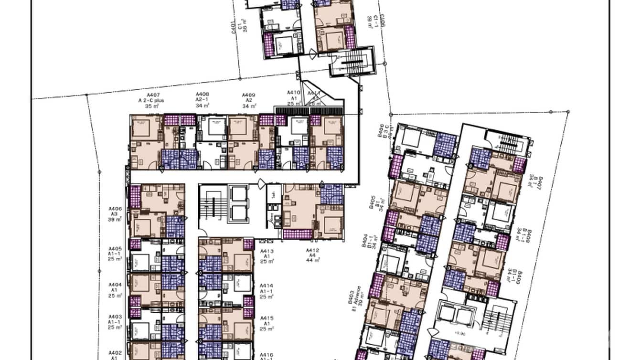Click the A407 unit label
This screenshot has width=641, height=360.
[152, 95]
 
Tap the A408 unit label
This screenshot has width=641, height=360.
[203, 95]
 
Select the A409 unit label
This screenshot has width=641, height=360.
[249, 95]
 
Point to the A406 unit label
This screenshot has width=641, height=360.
[115, 209]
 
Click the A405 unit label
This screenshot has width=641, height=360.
[115, 249]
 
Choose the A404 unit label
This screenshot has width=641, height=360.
[115, 284]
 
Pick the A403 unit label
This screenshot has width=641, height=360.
[115, 317]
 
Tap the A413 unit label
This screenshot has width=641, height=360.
[267, 251]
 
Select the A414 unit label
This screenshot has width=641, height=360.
[267, 286]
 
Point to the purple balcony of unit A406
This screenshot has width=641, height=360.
[135, 197]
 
